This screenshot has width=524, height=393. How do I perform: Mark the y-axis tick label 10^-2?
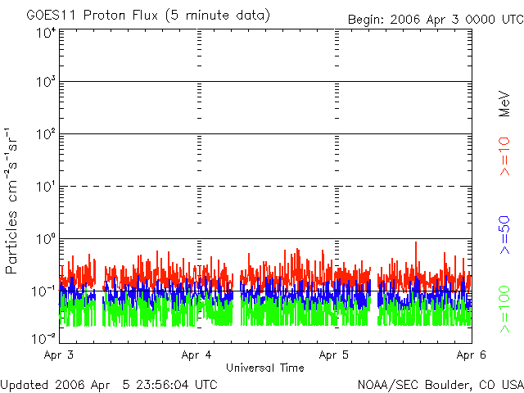click(x=44, y=337)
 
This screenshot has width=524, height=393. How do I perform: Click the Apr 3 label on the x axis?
click(x=61, y=355)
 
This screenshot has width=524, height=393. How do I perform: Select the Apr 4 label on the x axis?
click(x=198, y=355)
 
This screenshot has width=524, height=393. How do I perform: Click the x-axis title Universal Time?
click(x=264, y=368)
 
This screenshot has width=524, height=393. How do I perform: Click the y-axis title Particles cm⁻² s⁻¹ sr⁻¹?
click(x=14, y=201)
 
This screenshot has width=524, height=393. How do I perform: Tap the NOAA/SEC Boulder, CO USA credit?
click(x=440, y=384)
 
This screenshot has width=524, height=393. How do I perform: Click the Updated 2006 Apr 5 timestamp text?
click(x=109, y=384)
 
